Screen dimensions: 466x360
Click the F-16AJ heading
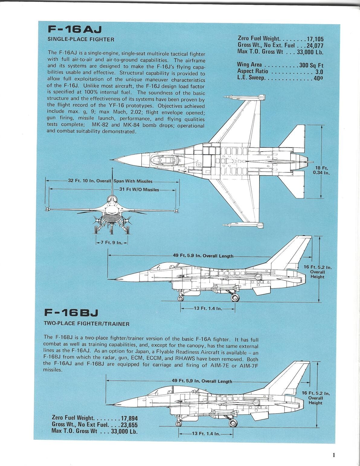[75, 30]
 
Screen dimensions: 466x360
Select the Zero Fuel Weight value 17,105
[315, 39]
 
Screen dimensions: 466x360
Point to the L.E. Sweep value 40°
[318, 78]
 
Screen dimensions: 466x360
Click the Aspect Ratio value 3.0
[319, 72]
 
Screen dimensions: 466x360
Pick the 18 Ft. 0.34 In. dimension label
[322, 170]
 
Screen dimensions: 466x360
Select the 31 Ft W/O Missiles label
[139, 190]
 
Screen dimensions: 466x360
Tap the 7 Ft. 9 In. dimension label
[112, 243]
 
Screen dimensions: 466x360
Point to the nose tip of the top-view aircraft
[112, 159]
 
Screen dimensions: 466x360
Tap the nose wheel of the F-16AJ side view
[181, 298]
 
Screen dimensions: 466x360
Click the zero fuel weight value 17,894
[129, 419]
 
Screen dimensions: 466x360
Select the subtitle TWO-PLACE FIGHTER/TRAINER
[87, 324]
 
